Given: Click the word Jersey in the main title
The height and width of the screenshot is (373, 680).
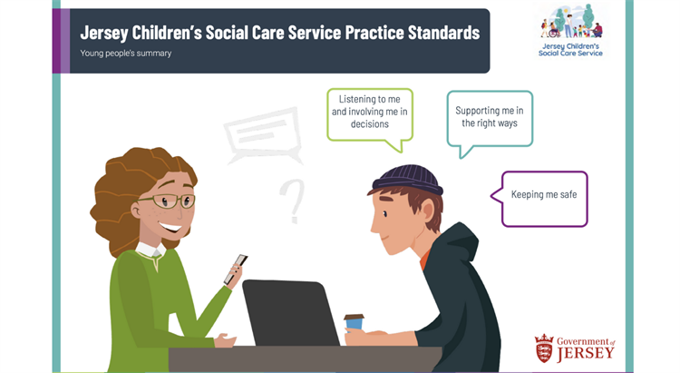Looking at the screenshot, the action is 104,33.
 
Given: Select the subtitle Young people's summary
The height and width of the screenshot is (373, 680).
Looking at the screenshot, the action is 126,54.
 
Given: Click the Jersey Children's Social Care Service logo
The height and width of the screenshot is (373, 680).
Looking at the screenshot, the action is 570,30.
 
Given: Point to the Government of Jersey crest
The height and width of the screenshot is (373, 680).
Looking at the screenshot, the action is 544,348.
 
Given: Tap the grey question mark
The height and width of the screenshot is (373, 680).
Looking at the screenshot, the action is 292,201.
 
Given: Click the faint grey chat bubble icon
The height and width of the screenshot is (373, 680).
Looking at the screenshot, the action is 263,134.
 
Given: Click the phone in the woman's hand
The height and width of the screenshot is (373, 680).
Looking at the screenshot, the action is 236,270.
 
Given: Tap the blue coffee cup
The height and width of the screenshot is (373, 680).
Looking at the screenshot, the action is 355,321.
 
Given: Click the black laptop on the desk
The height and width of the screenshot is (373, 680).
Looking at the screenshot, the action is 290,312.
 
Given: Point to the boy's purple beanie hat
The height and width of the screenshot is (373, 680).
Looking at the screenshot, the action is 408,179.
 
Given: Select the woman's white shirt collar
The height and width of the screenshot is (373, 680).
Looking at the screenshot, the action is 151,250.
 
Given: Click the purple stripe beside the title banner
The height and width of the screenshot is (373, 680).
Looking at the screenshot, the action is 61,41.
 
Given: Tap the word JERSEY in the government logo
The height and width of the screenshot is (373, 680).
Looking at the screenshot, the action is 586,353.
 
